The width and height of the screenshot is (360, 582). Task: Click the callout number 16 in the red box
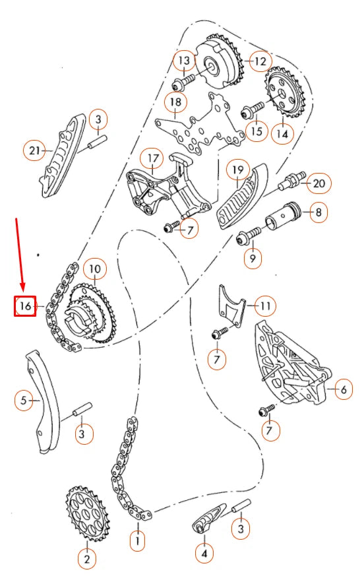click(x=25, y=306)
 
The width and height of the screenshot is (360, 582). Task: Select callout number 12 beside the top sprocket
click(x=260, y=61)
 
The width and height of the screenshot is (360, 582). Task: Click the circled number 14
click(x=282, y=133)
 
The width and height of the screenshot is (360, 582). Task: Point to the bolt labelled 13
click(x=183, y=82)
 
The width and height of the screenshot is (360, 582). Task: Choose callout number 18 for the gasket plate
click(x=176, y=102)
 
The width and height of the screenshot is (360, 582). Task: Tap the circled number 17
click(x=153, y=159)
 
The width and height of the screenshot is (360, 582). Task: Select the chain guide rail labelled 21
click(x=61, y=156)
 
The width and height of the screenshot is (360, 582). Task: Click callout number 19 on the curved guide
click(x=237, y=170)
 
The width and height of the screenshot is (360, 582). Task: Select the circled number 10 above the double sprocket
click(x=95, y=269)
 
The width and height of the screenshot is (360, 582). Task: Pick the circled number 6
click(x=344, y=389)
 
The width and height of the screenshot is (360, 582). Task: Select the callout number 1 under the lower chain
click(x=138, y=541)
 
